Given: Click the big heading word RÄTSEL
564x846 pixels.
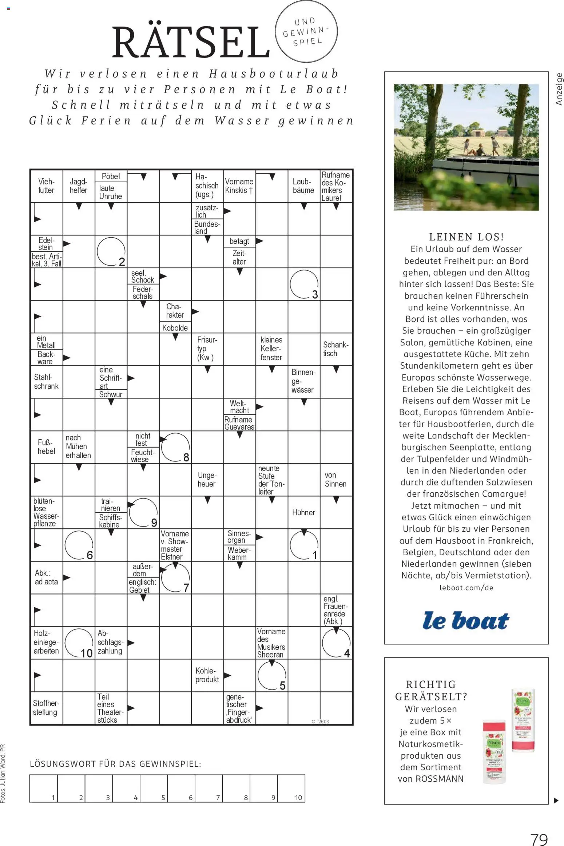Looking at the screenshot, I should [190, 42].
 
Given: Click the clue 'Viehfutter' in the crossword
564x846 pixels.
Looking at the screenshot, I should [46, 186].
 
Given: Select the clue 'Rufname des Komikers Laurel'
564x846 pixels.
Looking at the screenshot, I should [335, 186].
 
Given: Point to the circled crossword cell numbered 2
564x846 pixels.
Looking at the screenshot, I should [111, 251].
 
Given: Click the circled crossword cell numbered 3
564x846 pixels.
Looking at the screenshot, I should [304, 284].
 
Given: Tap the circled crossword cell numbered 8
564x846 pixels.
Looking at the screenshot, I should [175, 447].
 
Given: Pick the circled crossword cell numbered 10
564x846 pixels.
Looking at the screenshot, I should [79, 643].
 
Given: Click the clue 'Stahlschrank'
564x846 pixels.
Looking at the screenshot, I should [46, 382].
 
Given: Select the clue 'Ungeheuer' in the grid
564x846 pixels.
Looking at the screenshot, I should [207, 480].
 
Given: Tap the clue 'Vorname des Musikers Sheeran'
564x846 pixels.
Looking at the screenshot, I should [271, 643].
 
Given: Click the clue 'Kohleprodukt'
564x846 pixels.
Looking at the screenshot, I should [207, 675].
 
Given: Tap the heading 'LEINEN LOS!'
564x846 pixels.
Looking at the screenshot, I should [466, 237].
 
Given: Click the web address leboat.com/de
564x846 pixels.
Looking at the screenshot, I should [466, 588].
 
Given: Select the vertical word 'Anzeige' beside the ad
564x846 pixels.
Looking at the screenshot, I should [559, 89].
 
